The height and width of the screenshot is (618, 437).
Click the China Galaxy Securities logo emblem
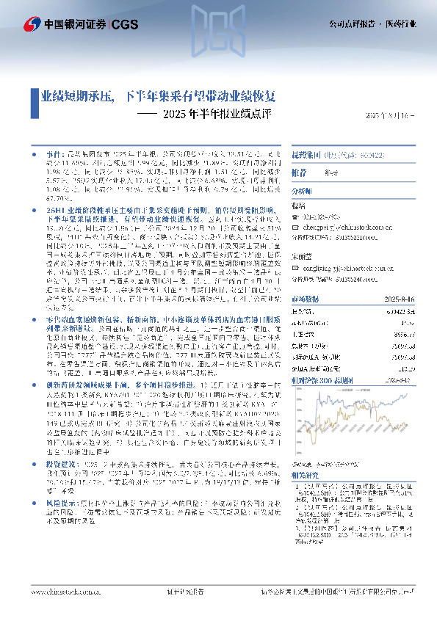32,24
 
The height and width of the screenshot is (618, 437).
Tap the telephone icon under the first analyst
295,218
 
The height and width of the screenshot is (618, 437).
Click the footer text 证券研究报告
178,589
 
